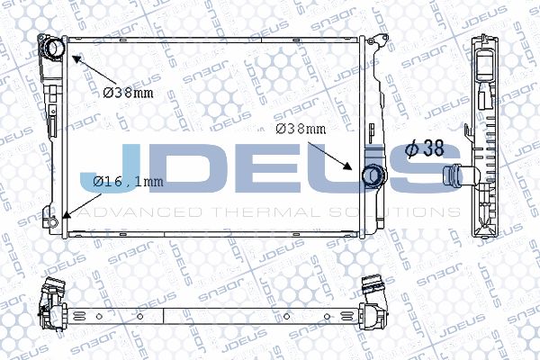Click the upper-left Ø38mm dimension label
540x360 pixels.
[x=128, y=93]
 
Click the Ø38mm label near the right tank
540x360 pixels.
[x=301, y=129]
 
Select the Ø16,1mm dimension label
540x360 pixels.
[x=128, y=181]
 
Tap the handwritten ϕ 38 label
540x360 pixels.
[x=425, y=148]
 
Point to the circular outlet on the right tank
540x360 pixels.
[x=373, y=175]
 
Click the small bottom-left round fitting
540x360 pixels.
[x=52, y=221]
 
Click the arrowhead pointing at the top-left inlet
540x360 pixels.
[x=76, y=59]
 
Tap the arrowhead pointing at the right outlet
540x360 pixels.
[x=347, y=166]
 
